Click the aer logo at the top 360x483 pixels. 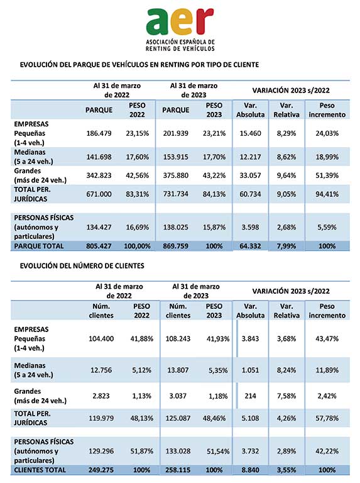pyautogui.click(x=180, y=30)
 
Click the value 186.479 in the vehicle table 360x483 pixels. pyautogui.click(x=99, y=133)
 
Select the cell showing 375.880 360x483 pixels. pyautogui.click(x=176, y=175)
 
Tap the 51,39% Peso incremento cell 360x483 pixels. pyautogui.click(x=327, y=175)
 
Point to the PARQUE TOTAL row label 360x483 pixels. pyautogui.click(x=39, y=246)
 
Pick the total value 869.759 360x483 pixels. pyautogui.click(x=176, y=246)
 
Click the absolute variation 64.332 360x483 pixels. pyautogui.click(x=250, y=246)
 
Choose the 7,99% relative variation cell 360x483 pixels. pyautogui.click(x=286, y=246)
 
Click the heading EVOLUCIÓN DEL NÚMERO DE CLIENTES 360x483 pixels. pyautogui.click(x=82, y=266)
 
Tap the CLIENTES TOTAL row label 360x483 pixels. pyautogui.click(x=40, y=470)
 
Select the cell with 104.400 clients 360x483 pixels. pyautogui.click(x=101, y=339)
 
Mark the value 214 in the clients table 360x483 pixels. pyautogui.click(x=250, y=396)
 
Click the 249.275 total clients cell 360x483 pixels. pyautogui.click(x=101, y=470)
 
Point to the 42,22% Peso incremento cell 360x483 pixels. pyautogui.click(x=327, y=452)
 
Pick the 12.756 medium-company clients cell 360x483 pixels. pyautogui.click(x=101, y=370)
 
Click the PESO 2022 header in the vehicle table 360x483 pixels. pyautogui.click(x=137, y=110)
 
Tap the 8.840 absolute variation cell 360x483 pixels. pyautogui.click(x=250, y=470)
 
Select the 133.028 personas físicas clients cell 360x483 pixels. pyautogui.click(x=178, y=452)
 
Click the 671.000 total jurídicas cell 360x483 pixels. pyautogui.click(x=99, y=194)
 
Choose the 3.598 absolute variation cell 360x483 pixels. pyautogui.click(x=250, y=227)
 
